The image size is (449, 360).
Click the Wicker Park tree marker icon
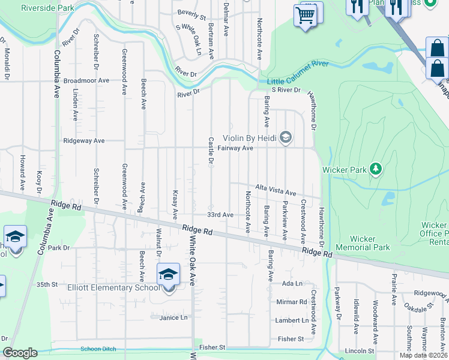pyautogui.click(x=376, y=169)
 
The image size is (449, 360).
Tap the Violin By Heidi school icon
pyautogui.click(x=286, y=138)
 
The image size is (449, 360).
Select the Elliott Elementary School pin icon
pyautogui.click(x=169, y=275)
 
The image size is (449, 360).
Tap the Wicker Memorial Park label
pyautogui.click(x=362, y=243)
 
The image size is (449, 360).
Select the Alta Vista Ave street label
pyautogui.click(x=276, y=190)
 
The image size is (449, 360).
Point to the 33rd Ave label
pyautogui.click(x=220, y=214)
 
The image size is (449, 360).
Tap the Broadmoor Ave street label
pyautogui.click(x=86, y=80)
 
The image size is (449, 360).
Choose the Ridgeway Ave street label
pyautogui.click(x=84, y=141)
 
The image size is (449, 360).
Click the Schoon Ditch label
pyautogui.click(x=97, y=349)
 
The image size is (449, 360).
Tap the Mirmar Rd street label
pyautogui.click(x=292, y=302)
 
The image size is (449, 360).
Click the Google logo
pyautogui.click(x=20, y=353)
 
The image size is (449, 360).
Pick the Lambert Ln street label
pyautogui.click(x=292, y=320)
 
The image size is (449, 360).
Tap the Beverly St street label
pyautogui.click(x=191, y=12)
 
